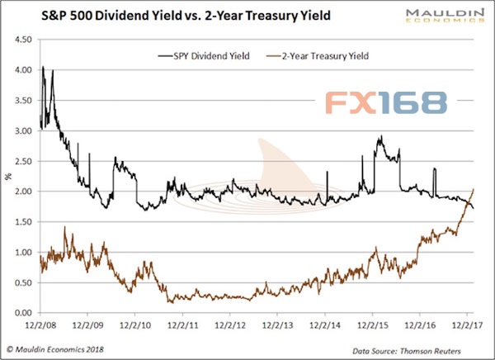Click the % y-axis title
(x=7, y=174)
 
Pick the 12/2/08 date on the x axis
(x=40, y=325)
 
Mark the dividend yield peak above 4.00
(x=42, y=67)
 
